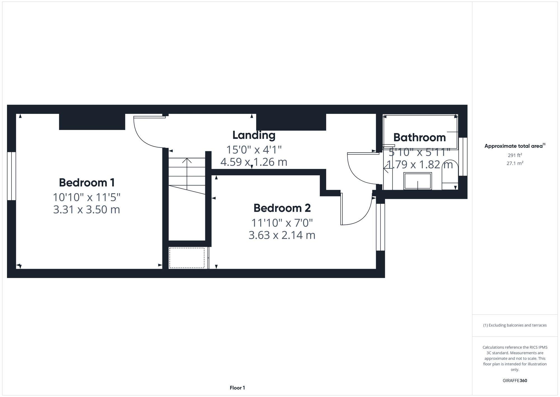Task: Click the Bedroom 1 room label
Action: [x=87, y=183]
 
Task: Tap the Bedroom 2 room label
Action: [x=282, y=208]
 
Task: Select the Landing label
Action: [x=254, y=135]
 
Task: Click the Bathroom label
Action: [x=419, y=137]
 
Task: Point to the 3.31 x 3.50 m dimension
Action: [x=87, y=210]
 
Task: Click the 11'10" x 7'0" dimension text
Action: [x=282, y=223]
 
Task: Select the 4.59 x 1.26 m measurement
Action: [x=254, y=162]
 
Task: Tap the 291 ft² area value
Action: [x=515, y=155]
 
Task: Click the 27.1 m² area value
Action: [x=515, y=163]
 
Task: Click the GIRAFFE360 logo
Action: [x=515, y=381]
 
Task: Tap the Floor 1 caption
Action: [x=237, y=388]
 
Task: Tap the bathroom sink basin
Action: [x=417, y=181]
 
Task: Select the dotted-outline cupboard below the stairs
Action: [x=187, y=258]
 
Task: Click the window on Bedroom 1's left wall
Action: [x=11, y=176]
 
